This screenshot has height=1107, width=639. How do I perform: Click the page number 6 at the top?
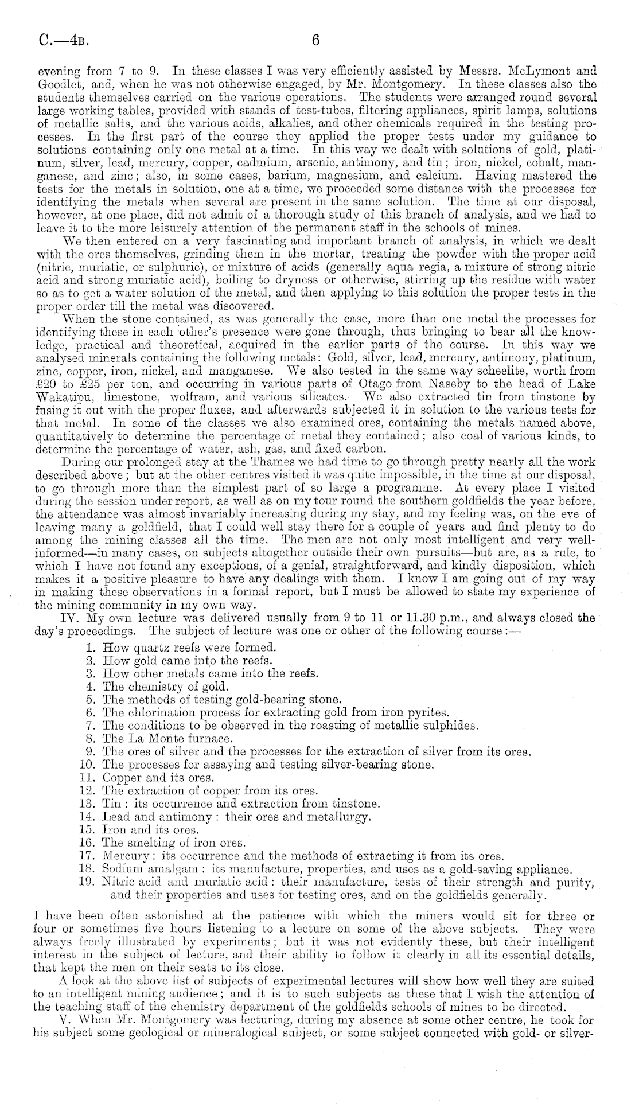click(315, 41)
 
